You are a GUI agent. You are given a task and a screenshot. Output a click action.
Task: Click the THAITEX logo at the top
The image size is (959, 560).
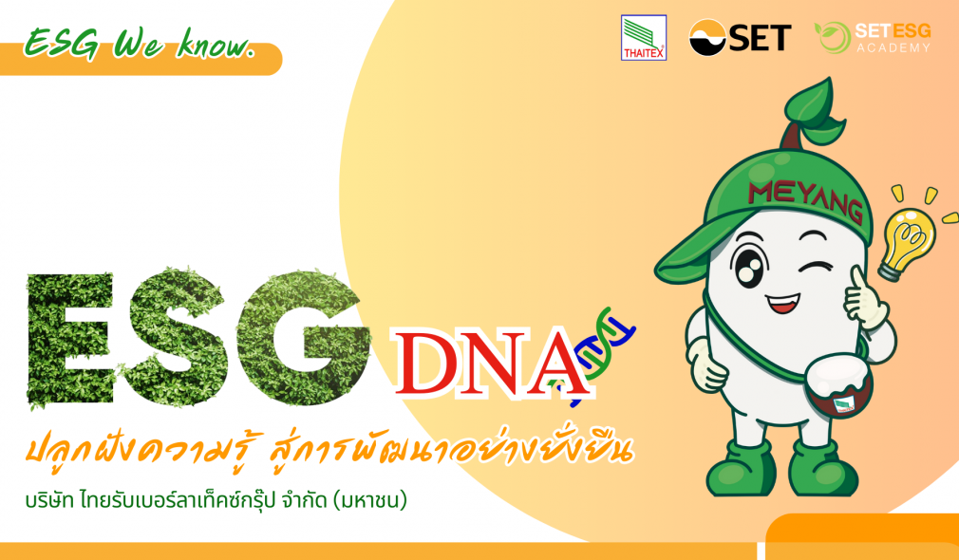click(x=644, y=38)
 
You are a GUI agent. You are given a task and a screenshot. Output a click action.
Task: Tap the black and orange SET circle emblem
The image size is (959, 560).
click(x=707, y=38)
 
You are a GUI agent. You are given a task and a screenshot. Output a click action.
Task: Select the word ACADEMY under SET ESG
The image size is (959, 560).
click(x=893, y=47)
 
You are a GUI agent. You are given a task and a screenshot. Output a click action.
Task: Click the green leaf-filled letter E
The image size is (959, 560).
click(x=69, y=339)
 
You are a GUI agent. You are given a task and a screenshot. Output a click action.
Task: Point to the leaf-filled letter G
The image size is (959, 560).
click(x=303, y=337)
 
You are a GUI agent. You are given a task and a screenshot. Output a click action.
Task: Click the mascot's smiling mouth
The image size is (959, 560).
click(x=782, y=303)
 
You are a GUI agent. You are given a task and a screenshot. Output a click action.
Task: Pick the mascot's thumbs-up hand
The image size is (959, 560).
click(x=863, y=301)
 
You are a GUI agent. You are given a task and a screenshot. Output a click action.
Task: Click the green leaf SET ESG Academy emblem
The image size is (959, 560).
click(x=832, y=38)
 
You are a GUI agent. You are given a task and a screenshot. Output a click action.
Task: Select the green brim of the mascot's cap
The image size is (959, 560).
click(x=693, y=252)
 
